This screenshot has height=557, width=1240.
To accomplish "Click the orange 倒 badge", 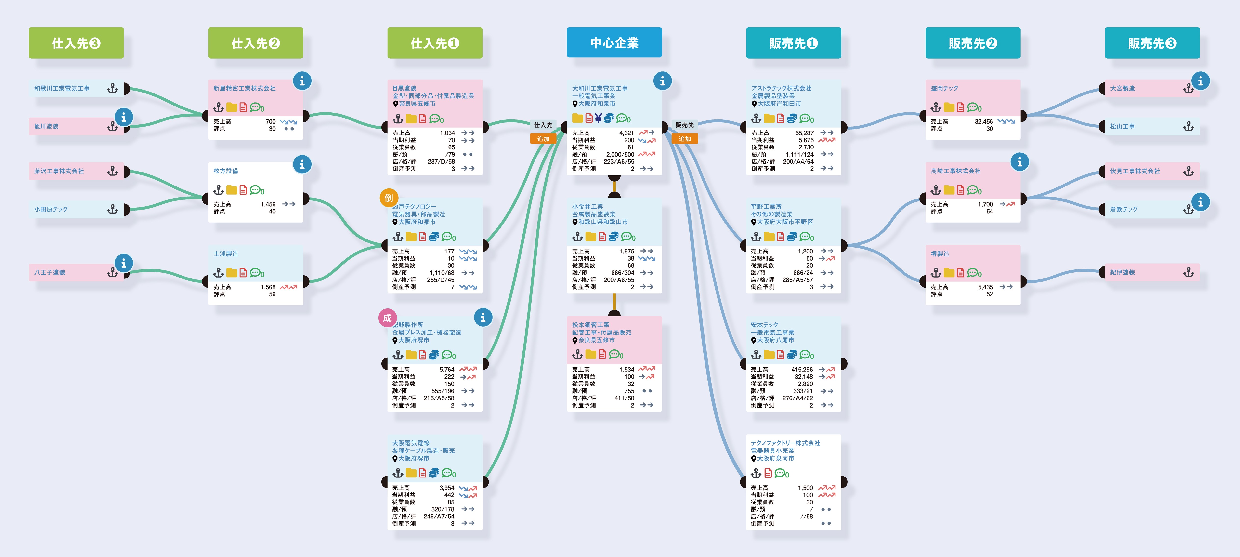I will [389, 197].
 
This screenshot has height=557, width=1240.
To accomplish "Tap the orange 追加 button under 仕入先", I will [543, 139].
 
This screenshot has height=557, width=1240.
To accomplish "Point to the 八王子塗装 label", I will [50, 272].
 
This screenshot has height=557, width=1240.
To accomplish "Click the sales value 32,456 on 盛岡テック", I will [983, 121].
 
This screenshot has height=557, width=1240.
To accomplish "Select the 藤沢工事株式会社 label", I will [59, 171].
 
